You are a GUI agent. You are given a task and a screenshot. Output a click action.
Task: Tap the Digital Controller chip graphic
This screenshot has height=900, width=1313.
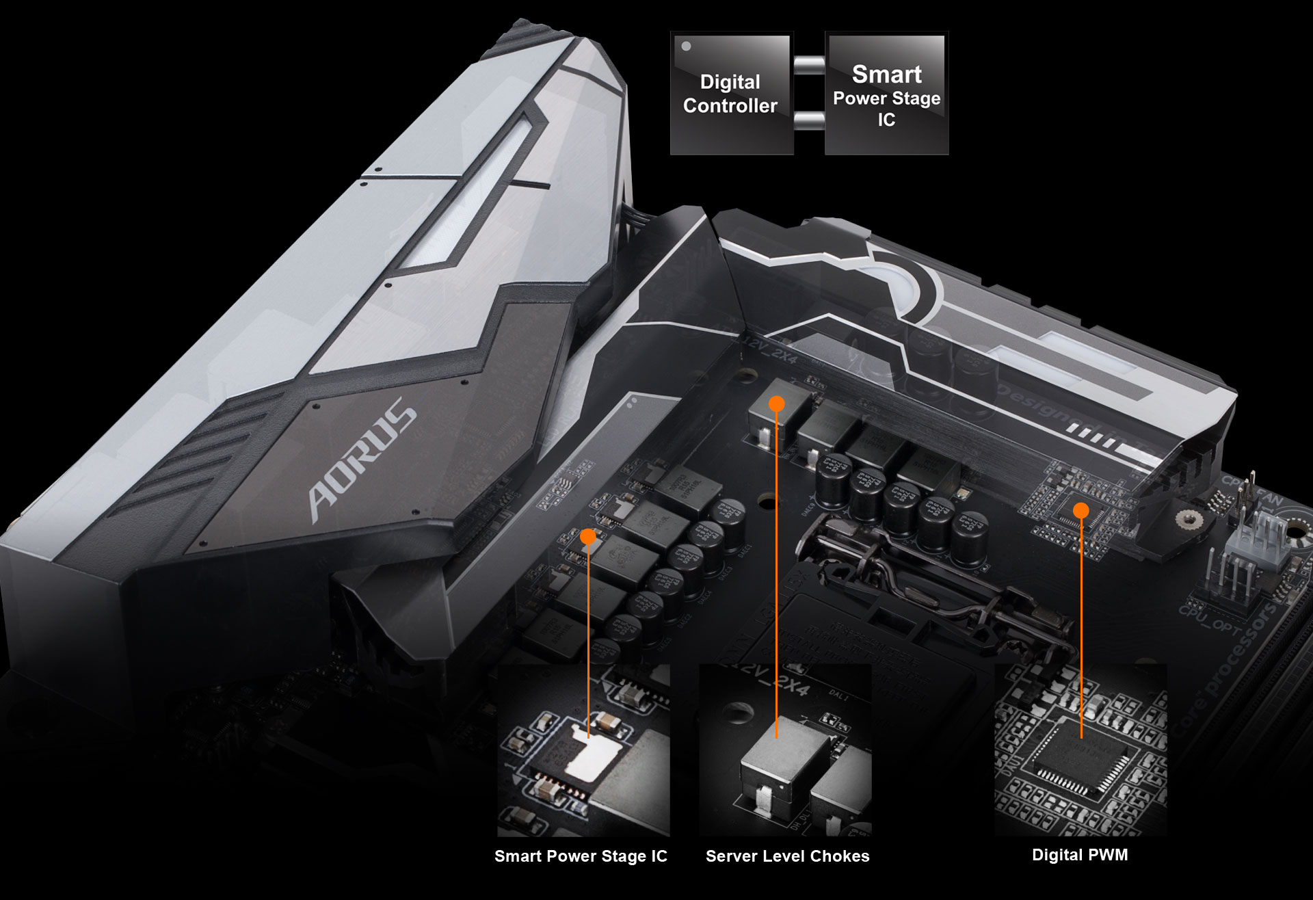tap(731, 94)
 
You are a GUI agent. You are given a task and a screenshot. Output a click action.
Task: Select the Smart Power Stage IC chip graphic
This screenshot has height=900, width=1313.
tap(886, 94)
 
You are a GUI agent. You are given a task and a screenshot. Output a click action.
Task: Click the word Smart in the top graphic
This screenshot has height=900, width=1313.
tap(886, 74)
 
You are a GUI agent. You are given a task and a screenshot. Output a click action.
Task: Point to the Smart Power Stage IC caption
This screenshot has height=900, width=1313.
tap(581, 856)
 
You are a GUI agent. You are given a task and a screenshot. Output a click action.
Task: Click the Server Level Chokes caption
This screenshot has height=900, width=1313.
tap(787, 856)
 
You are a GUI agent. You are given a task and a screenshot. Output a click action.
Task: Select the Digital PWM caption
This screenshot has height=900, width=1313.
tap(1080, 855)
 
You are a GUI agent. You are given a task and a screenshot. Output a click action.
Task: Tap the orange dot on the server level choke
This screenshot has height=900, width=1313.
tap(776, 404)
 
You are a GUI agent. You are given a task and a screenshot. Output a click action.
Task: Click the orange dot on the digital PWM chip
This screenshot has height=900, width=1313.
tap(1080, 510)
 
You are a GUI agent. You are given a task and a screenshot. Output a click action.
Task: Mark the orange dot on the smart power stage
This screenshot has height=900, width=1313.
tap(588, 537)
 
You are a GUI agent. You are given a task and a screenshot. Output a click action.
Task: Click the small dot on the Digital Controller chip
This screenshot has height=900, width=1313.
tap(686, 47)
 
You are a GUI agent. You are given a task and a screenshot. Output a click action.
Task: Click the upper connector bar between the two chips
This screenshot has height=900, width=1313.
tap(809, 65)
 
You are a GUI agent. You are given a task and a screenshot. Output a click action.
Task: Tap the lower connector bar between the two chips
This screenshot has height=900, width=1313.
tap(809, 121)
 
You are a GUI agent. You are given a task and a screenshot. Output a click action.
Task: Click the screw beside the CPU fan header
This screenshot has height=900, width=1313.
tap(1189, 519)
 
